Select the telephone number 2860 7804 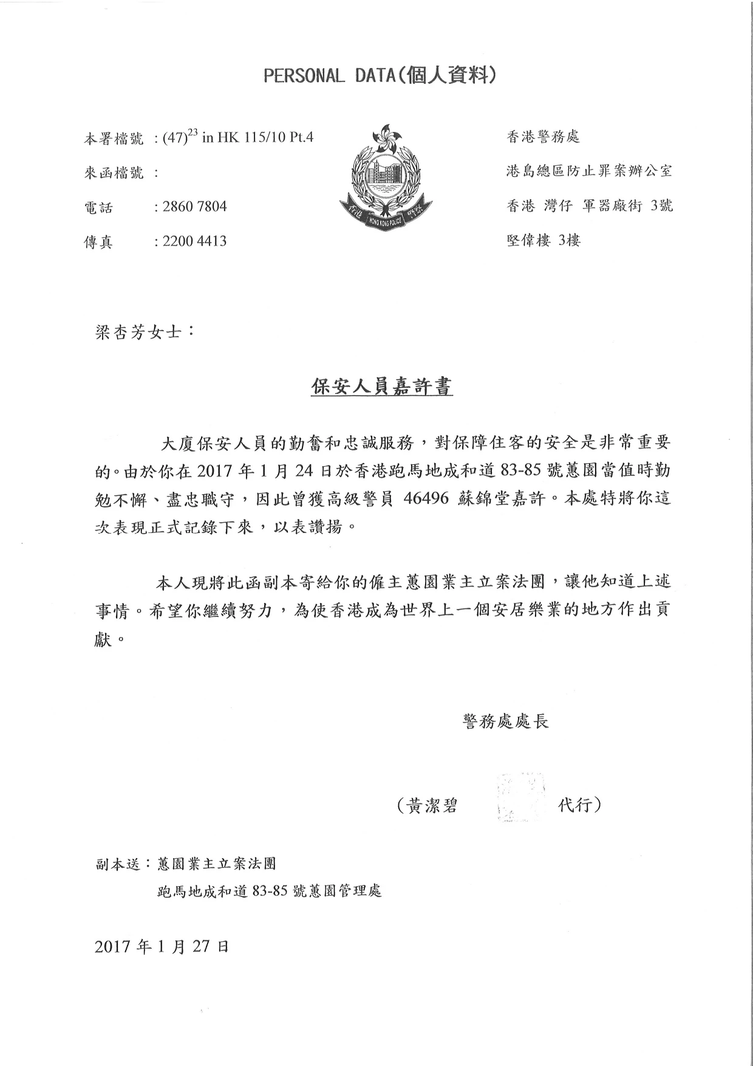tap(194, 207)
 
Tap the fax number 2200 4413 tap(194, 241)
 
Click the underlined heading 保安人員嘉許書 tap(382, 387)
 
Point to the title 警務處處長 tap(506, 721)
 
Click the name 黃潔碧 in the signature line tap(432, 806)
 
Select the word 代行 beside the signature tap(575, 806)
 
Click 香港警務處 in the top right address tap(543, 137)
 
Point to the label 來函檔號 tap(114, 173)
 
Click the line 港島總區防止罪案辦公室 tap(589, 171)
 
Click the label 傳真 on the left tap(98, 242)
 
